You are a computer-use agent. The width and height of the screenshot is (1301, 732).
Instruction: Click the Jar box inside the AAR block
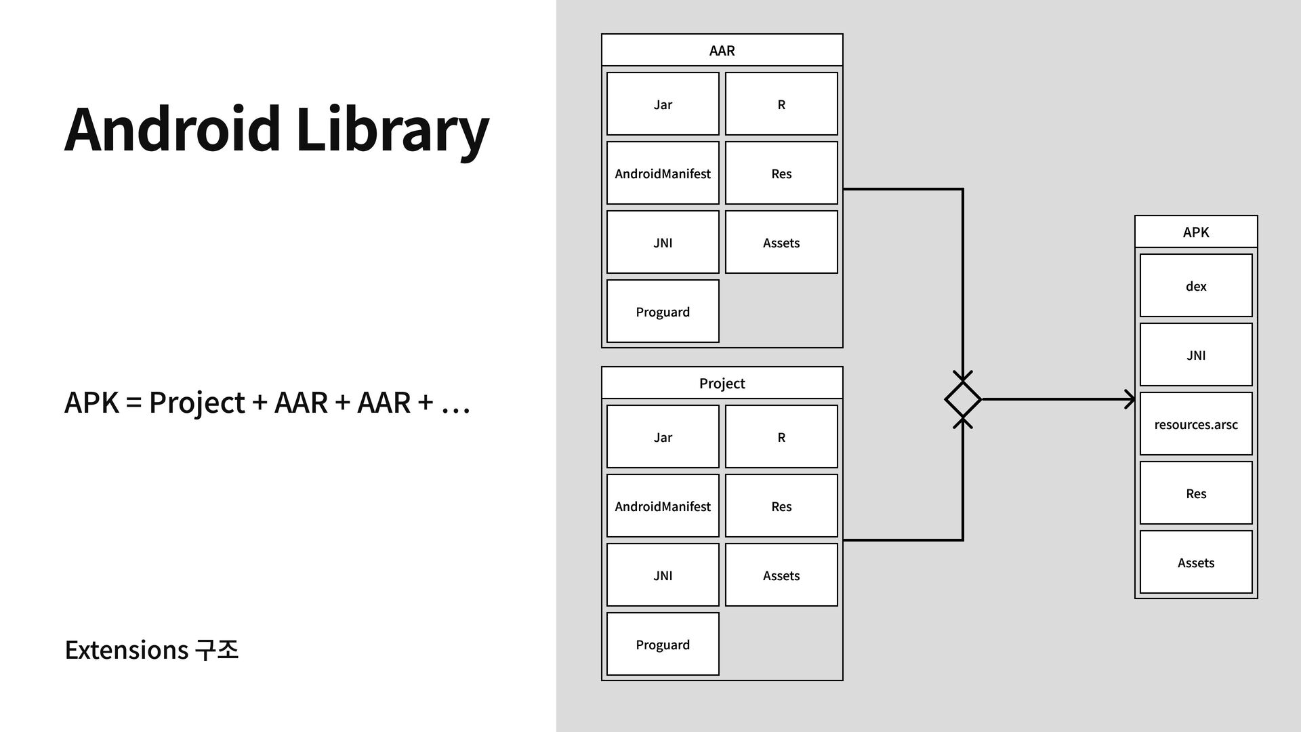pos(663,104)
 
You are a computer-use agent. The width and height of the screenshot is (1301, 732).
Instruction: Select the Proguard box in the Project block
pos(663,644)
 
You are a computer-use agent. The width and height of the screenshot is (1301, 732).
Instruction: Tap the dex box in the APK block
pos(1196,285)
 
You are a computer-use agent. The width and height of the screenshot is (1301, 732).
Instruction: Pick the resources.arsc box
pos(1196,424)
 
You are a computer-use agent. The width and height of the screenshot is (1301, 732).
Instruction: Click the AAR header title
pos(722,50)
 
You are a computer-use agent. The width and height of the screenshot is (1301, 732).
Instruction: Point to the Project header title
pos(722,383)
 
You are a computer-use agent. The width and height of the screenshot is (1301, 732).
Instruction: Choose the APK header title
pos(1196,232)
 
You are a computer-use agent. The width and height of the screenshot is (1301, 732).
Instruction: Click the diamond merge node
pos(963,399)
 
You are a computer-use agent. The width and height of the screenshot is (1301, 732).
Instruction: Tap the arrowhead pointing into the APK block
pos(1130,399)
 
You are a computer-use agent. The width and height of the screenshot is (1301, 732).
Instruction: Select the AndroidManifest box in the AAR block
pos(663,173)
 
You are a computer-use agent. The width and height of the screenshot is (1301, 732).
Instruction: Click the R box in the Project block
pos(781,436)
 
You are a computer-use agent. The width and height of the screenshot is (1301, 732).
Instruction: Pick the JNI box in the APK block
pos(1196,354)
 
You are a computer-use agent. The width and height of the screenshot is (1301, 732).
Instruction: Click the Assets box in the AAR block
pos(781,242)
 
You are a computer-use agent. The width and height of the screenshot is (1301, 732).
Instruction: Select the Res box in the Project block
pos(781,506)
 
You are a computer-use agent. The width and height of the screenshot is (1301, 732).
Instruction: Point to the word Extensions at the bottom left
pos(127,650)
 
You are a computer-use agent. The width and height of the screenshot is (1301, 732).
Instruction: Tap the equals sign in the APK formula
pos(133,403)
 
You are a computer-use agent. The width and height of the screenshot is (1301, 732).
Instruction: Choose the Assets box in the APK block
pos(1196,562)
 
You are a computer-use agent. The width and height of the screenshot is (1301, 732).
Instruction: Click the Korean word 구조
pos(216,650)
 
